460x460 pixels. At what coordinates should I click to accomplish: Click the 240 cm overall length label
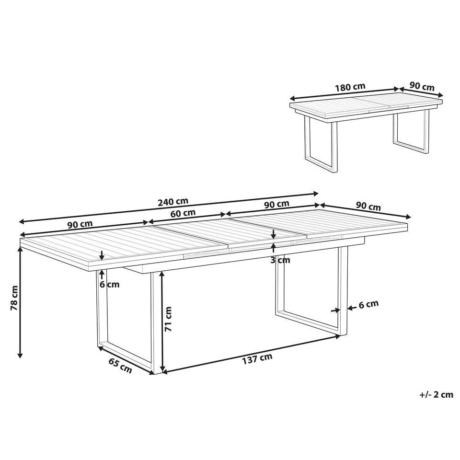[173, 201]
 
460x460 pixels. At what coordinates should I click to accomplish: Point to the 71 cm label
[168, 320]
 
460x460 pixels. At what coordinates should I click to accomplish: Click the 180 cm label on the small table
[350, 87]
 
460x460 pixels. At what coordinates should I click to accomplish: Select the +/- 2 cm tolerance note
[436, 395]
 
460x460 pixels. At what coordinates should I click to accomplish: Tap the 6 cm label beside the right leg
[368, 303]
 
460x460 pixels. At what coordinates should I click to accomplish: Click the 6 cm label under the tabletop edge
[110, 284]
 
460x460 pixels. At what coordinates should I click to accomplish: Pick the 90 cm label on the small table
[422, 87]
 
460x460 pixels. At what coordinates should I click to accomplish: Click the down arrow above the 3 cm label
[273, 235]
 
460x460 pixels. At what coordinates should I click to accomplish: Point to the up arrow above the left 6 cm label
[102, 275]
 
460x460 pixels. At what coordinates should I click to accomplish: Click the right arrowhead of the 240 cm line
[316, 194]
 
